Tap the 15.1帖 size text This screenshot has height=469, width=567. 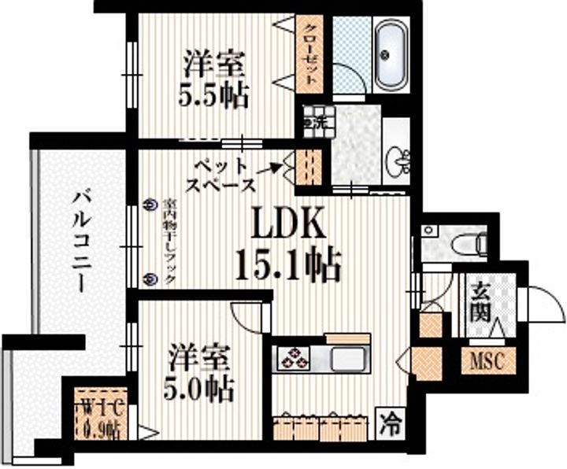[287, 264]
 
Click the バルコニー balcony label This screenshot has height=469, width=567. [81, 240]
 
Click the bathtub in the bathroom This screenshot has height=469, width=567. [388, 54]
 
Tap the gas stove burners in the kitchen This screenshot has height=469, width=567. [295, 358]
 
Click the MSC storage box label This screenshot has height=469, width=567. [485, 362]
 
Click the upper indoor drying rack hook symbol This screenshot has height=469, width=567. [151, 203]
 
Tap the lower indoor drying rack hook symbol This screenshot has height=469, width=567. [151, 278]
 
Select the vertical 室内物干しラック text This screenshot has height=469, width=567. [169, 242]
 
